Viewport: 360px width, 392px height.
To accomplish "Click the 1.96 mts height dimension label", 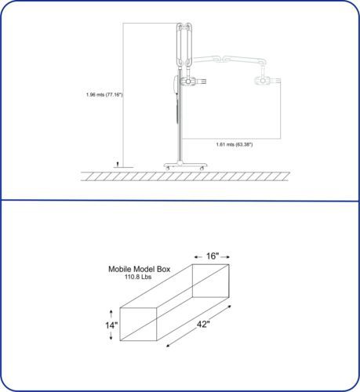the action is point(104,95).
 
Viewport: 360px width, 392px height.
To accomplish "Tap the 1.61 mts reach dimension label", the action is point(235,144).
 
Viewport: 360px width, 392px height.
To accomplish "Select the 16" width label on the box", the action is point(212,256).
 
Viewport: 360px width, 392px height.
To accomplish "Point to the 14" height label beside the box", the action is point(111,325).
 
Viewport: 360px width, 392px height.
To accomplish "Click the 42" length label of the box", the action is point(203,325).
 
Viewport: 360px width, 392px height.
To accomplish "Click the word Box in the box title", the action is point(164,269).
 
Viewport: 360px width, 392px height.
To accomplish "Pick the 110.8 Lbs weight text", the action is point(138,277).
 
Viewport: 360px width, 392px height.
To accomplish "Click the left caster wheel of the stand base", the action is point(168,169).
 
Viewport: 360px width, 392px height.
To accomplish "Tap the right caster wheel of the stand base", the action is point(202,169).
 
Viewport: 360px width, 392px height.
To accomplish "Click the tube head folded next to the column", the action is point(194,82).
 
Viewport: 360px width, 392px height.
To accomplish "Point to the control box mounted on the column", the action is point(176,85).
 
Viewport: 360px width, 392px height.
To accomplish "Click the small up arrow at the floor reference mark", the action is point(118,165).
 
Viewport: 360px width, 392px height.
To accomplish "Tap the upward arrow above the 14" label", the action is point(111,314).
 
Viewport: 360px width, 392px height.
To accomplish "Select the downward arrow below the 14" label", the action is point(111,336).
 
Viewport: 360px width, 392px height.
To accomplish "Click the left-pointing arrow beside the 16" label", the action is point(198,257).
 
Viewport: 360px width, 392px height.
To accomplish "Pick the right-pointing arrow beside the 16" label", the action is point(225,257).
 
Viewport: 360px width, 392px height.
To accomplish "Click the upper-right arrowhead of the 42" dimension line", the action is point(229,307).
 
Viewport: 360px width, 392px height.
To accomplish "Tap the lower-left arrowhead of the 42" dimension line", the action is point(169,346).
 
